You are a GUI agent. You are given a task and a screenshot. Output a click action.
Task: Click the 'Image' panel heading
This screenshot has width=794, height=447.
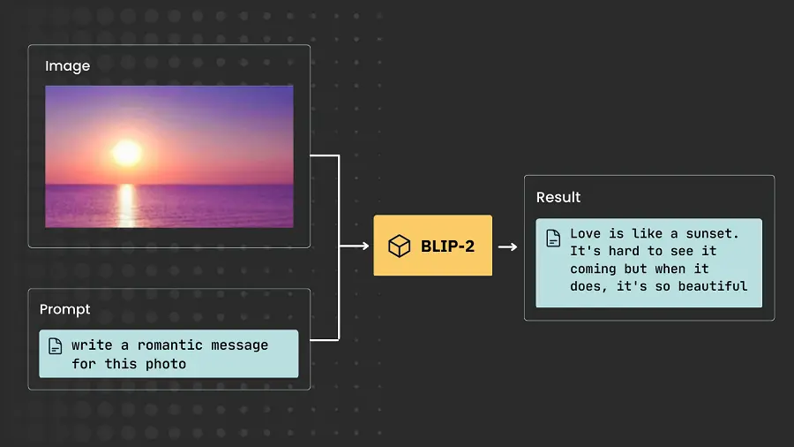67,66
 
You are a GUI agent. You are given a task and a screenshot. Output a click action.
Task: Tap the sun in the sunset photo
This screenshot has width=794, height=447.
127,152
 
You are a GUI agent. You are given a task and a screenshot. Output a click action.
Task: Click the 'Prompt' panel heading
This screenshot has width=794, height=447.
64,309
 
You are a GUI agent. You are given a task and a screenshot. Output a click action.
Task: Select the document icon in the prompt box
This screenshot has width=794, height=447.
55,346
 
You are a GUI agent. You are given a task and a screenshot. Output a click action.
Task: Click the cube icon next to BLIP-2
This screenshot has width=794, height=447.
400,246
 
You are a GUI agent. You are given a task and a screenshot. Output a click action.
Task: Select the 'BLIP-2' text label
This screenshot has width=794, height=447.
447,246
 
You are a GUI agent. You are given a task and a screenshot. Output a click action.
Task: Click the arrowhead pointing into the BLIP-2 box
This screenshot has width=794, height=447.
364,246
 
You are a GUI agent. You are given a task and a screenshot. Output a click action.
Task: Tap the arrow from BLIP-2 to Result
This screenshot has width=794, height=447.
507,246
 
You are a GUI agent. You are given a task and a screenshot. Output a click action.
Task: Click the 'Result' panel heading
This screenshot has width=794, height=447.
558,197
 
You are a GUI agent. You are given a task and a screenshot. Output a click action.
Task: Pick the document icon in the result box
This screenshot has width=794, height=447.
553,237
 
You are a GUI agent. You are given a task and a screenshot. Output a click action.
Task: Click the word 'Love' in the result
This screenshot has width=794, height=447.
586,233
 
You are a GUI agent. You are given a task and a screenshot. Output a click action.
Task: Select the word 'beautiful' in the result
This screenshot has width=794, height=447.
713,285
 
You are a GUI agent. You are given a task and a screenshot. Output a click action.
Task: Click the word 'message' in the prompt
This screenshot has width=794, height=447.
239,345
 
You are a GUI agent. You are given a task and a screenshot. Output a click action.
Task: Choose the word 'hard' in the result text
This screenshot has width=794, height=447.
625,251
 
